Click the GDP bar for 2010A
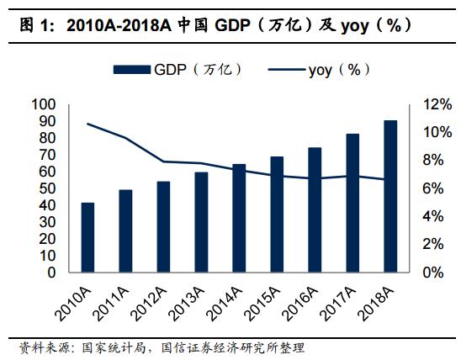87,237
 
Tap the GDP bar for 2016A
315,209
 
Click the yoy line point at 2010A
87,124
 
